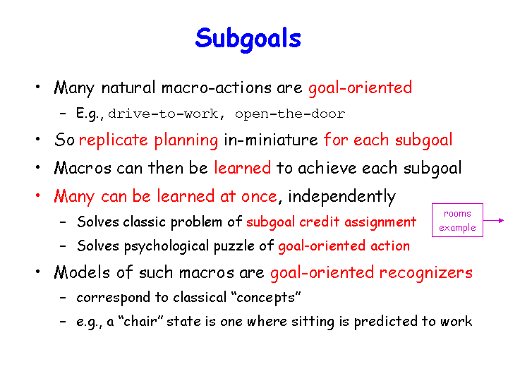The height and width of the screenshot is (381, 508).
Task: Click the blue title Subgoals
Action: click(248, 39)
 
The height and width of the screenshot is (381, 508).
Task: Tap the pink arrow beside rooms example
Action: click(494, 220)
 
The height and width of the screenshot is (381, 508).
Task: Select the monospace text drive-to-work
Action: click(163, 114)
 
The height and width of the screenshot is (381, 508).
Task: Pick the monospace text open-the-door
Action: click(290, 114)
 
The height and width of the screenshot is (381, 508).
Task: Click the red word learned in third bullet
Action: click(242, 168)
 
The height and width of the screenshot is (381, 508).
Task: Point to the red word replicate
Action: click(114, 140)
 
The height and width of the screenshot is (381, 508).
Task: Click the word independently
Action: click(341, 197)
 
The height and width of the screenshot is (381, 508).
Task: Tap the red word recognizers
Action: click(426, 273)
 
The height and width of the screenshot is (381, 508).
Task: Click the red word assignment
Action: click(380, 222)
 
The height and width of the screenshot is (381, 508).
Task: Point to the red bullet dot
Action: click(38, 195)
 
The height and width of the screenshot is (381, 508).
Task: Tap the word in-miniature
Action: click(271, 140)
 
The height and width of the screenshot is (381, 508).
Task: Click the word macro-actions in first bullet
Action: click(217, 87)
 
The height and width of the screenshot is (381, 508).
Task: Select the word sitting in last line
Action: click(313, 322)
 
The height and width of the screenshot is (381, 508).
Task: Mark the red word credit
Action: click(319, 222)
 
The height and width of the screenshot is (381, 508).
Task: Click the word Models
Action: click(82, 272)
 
